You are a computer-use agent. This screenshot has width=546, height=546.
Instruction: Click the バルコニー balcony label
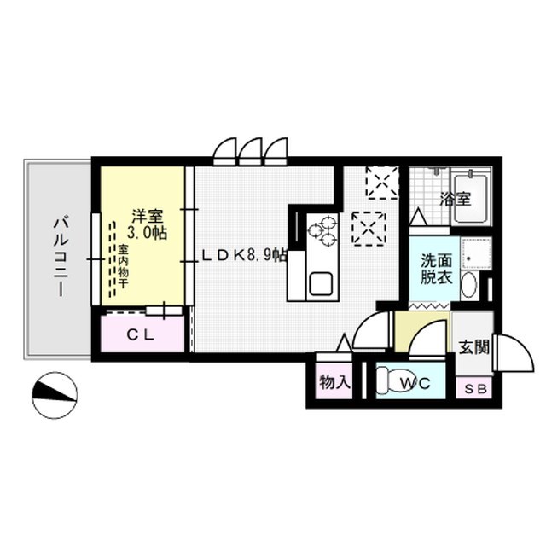[59, 257]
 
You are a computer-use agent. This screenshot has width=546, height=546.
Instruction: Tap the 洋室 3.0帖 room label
[144, 223]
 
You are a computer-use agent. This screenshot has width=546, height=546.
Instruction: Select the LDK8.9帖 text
[244, 254]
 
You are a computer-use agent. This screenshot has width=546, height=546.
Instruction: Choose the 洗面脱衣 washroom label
[438, 269]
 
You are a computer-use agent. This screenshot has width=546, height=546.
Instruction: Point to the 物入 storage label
[335, 383]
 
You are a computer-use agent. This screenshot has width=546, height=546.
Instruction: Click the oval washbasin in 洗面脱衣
[468, 284]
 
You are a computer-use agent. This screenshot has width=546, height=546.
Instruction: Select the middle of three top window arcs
[251, 152]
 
